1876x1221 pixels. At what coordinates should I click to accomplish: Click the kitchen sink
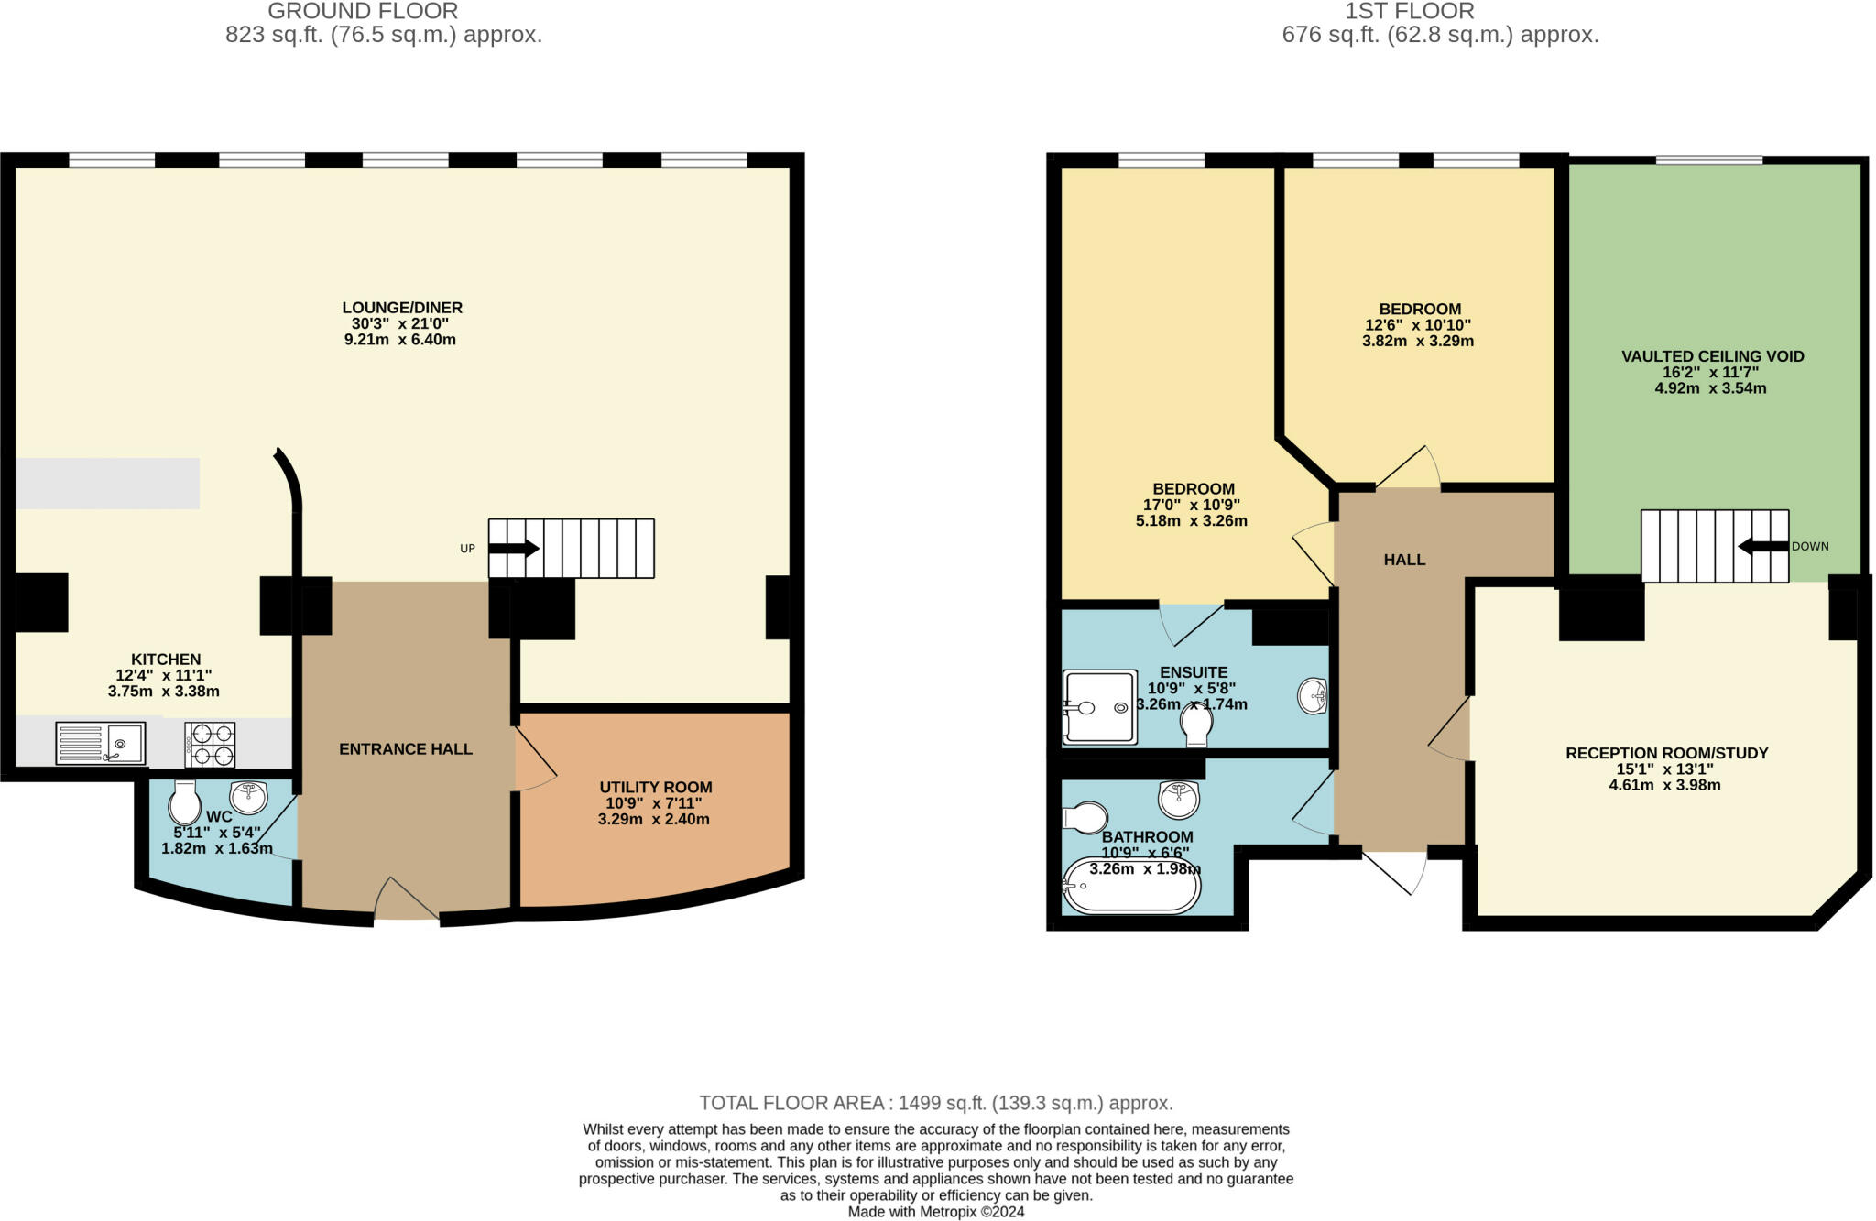(101, 743)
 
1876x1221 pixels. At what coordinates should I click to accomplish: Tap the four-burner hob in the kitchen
(210, 744)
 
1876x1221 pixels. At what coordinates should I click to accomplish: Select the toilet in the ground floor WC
(185, 804)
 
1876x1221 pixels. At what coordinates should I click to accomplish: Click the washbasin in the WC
(248, 797)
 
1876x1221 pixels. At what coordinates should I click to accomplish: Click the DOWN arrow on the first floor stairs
(1762, 547)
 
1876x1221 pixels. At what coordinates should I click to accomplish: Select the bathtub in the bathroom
(1131, 886)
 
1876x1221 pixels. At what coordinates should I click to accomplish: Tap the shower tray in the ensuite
(1100, 707)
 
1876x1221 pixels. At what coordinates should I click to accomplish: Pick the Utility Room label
(655, 787)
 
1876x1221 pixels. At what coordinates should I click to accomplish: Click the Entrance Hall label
(405, 749)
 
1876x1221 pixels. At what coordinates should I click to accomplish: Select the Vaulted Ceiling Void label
(1712, 356)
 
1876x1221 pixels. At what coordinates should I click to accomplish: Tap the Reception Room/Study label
(1665, 753)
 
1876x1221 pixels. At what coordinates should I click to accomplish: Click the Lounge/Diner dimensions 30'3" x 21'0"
(400, 324)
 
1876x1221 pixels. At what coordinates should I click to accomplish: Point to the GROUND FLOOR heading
(363, 12)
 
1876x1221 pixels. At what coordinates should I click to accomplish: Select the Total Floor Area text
(935, 1103)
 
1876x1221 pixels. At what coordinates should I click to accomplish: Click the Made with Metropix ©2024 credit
(935, 1212)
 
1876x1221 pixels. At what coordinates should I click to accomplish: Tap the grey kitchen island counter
(107, 483)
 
